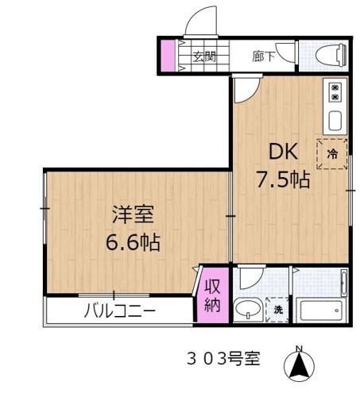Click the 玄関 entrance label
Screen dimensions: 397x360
(x=203, y=56)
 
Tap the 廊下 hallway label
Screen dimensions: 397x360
(x=265, y=56)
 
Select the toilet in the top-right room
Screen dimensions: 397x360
(x=330, y=55)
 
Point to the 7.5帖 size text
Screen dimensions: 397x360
(x=282, y=179)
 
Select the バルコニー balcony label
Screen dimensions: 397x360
(x=119, y=311)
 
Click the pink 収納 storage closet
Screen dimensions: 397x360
(x=213, y=295)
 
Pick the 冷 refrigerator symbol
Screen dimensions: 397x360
(x=333, y=154)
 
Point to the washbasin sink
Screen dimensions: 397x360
(x=248, y=308)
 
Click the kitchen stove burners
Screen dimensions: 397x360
(x=335, y=91)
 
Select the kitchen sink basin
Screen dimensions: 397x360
(x=335, y=121)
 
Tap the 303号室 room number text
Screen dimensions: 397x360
(x=223, y=359)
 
